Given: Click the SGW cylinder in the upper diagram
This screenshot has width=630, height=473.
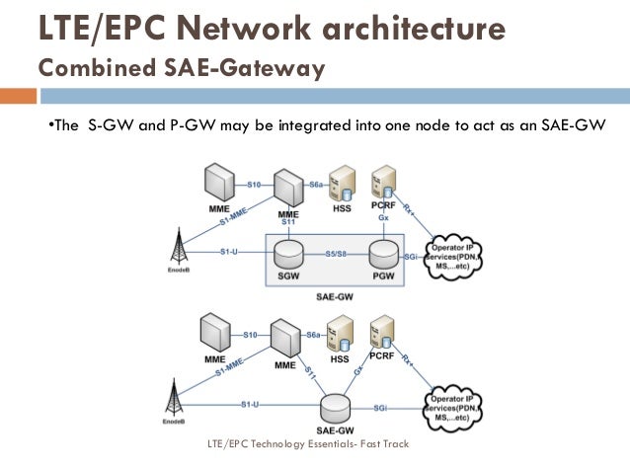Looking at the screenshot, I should click(289, 253).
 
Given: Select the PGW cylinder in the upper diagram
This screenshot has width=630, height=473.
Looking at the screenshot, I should click(382, 253).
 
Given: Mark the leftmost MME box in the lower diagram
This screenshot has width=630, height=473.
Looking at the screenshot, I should click(214, 334).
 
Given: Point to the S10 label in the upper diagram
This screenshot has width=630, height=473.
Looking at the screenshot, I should click(253, 184).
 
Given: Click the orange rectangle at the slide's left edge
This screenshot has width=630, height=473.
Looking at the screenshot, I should click(17, 97).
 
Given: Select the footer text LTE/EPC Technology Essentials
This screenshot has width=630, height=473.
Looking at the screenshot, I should click(307, 444).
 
